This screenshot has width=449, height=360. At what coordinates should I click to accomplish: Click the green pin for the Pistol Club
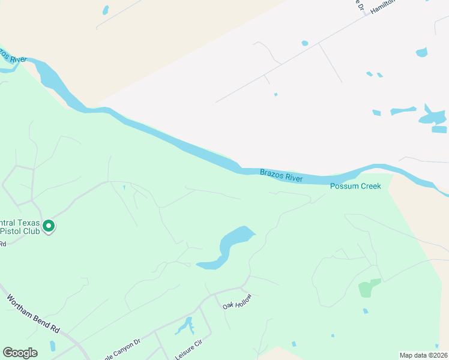coord(49,226)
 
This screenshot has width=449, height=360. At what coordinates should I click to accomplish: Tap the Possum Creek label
coord(355,186)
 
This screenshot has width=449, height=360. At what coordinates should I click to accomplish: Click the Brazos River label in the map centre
coord(281,176)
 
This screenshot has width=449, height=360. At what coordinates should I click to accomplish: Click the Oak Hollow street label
coord(237,301)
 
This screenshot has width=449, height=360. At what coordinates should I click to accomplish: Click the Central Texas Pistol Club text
coord(20,227)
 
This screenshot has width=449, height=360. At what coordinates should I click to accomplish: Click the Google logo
coord(20,353)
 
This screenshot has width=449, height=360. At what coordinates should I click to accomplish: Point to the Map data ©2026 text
coord(423,355)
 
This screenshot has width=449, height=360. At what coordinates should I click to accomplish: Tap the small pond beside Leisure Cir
coord(185,326)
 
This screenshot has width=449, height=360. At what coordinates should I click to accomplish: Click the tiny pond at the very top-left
coord(106,10)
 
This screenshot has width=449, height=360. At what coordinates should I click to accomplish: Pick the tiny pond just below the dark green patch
coord(366,311)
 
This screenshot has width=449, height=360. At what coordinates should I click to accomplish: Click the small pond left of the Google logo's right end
coord(53,346)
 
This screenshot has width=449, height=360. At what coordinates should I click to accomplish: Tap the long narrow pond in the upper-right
coord(403,111)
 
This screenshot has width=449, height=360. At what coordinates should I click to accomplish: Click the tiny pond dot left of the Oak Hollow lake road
coord(124,187)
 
